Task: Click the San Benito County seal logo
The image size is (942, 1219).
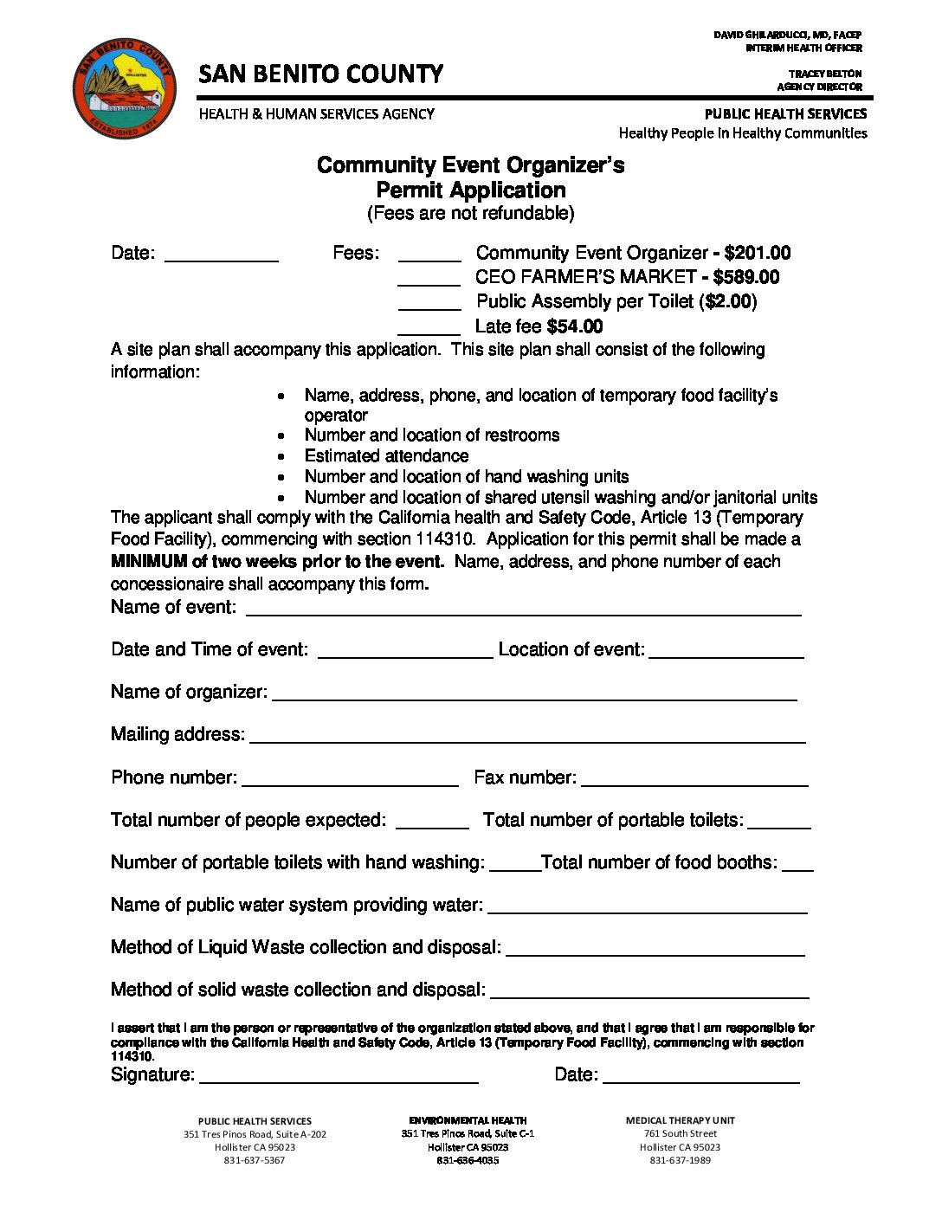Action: (x=125, y=87)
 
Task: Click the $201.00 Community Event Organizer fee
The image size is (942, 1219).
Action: (x=757, y=253)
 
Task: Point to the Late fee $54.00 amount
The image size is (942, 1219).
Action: (x=575, y=326)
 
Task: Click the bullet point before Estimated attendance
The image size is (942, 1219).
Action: (x=281, y=456)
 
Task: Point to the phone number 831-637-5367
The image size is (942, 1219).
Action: (x=255, y=1160)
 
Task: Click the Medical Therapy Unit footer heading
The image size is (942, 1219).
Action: (x=680, y=1120)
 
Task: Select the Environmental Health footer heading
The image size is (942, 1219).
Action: (x=468, y=1120)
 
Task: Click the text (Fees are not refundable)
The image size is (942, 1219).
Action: (x=470, y=213)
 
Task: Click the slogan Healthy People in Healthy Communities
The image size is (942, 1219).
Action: (x=742, y=133)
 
